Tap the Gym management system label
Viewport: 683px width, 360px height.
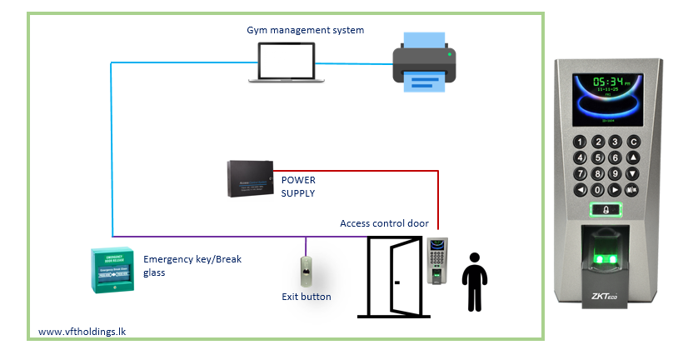point(305,30)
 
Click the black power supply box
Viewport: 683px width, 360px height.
point(251,178)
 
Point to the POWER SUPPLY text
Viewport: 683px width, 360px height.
point(298,186)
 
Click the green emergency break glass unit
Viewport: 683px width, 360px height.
point(112,269)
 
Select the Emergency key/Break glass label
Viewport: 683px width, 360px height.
point(192,265)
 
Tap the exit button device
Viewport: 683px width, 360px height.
point(306,272)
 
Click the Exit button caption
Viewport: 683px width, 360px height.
point(306,297)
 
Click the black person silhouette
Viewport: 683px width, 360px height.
point(474,282)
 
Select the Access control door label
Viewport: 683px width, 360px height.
point(384,223)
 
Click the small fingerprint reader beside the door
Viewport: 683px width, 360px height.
point(437,260)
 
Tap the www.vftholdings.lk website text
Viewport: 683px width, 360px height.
point(82,332)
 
